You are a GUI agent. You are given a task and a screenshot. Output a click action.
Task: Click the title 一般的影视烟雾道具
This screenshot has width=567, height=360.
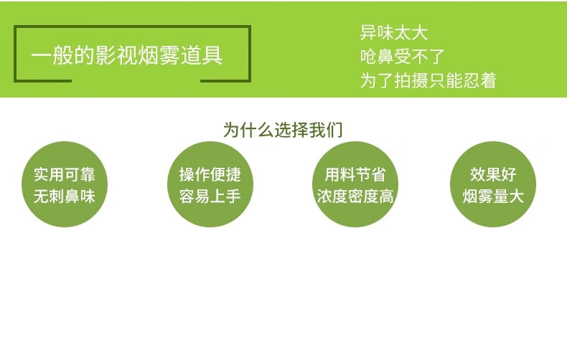point(126,56)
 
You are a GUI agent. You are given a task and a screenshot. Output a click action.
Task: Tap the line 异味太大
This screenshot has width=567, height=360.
point(394,32)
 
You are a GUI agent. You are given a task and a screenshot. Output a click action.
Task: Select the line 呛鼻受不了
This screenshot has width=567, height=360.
point(402,57)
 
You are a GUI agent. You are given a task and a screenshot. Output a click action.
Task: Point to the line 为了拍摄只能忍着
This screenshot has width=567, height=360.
point(428,80)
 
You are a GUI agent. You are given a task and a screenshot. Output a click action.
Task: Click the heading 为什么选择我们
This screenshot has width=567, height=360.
point(283,130)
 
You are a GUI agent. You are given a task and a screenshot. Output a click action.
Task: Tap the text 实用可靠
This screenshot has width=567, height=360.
point(65,174)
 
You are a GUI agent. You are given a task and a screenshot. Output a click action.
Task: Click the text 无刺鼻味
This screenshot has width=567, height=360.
point(65,196)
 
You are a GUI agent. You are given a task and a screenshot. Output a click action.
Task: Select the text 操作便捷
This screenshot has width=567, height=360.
point(210,174)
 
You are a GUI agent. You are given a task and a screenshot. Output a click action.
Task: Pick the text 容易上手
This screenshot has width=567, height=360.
point(210,196)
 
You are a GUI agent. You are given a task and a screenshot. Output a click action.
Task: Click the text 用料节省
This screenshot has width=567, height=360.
point(355,174)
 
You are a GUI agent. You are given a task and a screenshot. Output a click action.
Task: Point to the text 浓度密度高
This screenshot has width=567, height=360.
point(355,196)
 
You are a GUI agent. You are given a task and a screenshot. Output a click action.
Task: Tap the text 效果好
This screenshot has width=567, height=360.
point(493,174)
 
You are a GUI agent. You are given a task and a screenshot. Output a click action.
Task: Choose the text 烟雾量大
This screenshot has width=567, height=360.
point(493,196)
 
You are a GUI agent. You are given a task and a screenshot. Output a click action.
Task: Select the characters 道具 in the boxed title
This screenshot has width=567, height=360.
point(202,56)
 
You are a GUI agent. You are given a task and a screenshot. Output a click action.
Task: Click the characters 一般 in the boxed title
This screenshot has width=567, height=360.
point(53,56)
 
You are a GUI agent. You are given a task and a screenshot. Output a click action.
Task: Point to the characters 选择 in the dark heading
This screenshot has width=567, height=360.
point(291,130)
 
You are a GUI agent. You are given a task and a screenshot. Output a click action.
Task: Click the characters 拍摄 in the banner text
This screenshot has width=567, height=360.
point(411,80)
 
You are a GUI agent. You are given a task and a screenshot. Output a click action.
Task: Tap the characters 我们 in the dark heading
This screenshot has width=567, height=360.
point(325,130)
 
